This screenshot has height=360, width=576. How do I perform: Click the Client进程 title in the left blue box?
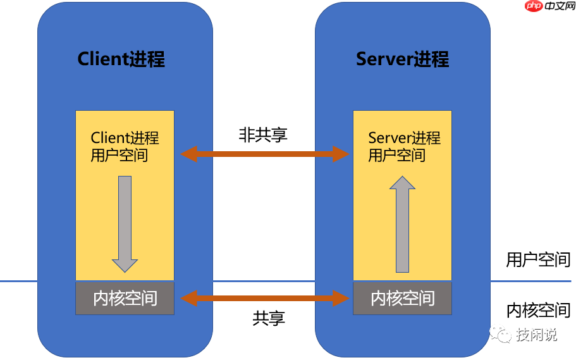(121, 59)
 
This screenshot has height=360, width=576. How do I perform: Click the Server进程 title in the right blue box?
(402, 59)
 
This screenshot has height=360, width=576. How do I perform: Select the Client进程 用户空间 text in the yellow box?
(125, 146)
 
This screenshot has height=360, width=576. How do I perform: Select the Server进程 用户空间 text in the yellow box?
(404, 146)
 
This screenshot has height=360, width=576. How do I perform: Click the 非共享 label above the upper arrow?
(263, 134)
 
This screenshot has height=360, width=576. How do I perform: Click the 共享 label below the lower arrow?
(268, 319)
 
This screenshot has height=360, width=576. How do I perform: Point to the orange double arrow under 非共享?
(264, 154)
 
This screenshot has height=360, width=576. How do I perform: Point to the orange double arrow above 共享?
(264, 297)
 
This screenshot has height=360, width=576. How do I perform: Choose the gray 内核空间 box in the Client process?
(125, 298)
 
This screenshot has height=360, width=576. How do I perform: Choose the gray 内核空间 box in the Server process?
(402, 298)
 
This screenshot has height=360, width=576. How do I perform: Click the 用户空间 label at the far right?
(538, 259)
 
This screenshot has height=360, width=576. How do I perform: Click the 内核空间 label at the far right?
(538, 310)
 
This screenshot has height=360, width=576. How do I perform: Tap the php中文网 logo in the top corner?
(550, 8)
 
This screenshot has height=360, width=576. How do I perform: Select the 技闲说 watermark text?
(536, 335)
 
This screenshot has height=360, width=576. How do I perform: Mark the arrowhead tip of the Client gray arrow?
(125, 271)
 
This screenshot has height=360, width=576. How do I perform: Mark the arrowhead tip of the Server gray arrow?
(402, 177)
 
